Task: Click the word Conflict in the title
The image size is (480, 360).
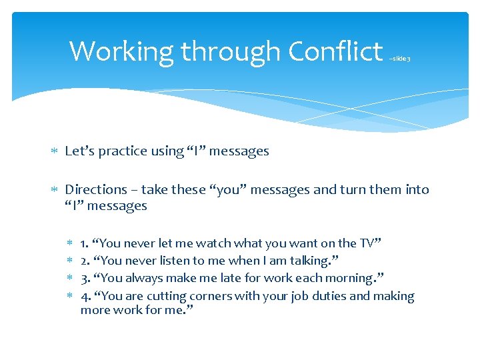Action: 335,51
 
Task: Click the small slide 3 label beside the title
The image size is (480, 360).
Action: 400,59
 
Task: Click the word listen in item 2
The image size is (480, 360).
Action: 178,261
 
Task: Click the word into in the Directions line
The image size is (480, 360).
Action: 417,190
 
